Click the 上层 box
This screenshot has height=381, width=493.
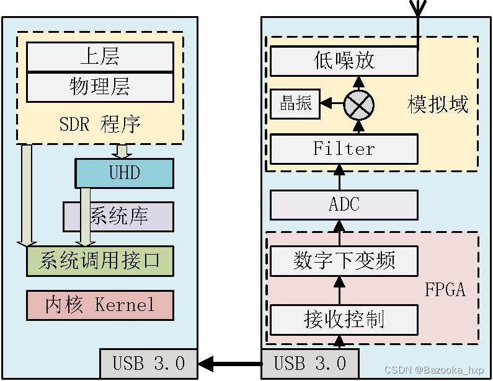coord(100,57)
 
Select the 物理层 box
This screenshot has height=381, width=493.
coord(100,87)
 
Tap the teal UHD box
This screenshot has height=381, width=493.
coord(124,173)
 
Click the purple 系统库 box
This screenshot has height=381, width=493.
coord(118,216)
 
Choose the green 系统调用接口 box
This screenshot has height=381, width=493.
coord(100,261)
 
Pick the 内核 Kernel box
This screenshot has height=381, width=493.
coord(100,305)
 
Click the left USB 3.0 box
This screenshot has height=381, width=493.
coord(148,363)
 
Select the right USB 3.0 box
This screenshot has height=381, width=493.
coord(310,363)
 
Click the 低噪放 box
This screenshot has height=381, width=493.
coord(344,61)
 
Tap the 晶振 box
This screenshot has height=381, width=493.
coord(295,103)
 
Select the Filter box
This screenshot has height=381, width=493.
coord(344,149)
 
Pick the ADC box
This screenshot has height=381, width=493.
coord(344,204)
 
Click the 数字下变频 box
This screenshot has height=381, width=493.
coord(344,261)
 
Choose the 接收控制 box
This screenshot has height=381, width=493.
coord(344,319)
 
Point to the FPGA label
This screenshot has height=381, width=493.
coord(445,289)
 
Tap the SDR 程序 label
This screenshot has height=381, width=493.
coord(100,124)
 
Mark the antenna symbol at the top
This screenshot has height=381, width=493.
coord(418,7)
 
